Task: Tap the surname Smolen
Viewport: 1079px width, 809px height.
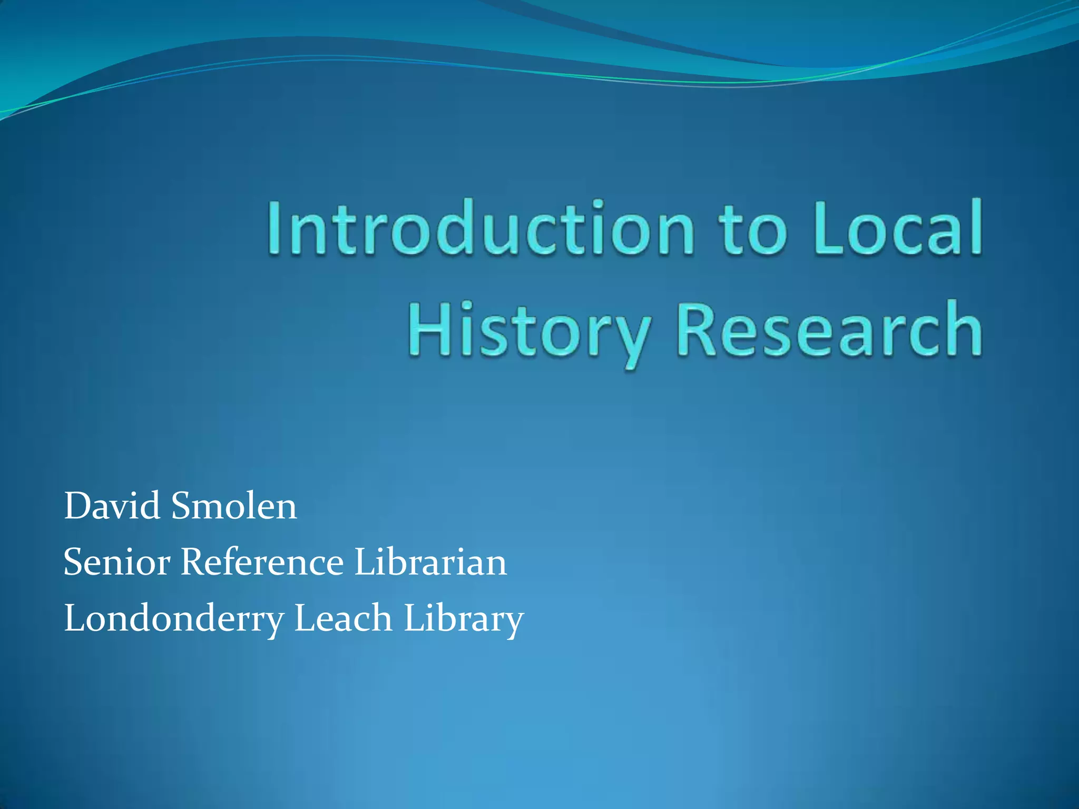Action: point(234,506)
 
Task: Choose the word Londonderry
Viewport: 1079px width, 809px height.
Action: point(174,619)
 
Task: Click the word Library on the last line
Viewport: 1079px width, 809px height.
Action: point(464,619)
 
